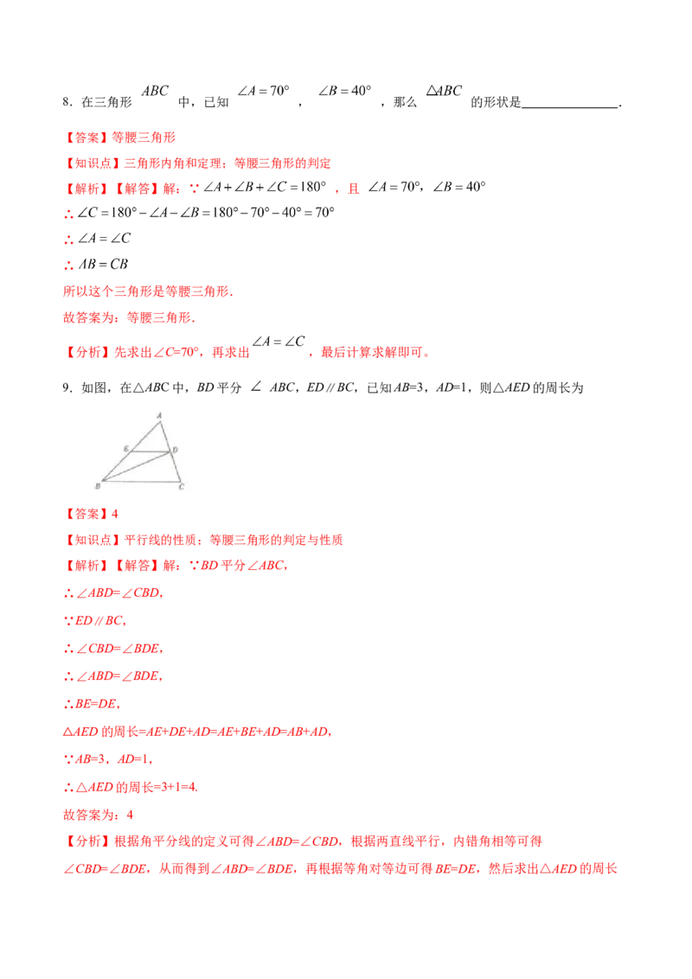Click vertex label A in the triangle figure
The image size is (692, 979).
pos(159,414)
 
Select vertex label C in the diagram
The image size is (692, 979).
pos(181,487)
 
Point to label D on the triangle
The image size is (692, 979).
pos(176,450)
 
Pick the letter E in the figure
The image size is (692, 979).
pos(126,449)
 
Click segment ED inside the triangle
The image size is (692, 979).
pos(151,452)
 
